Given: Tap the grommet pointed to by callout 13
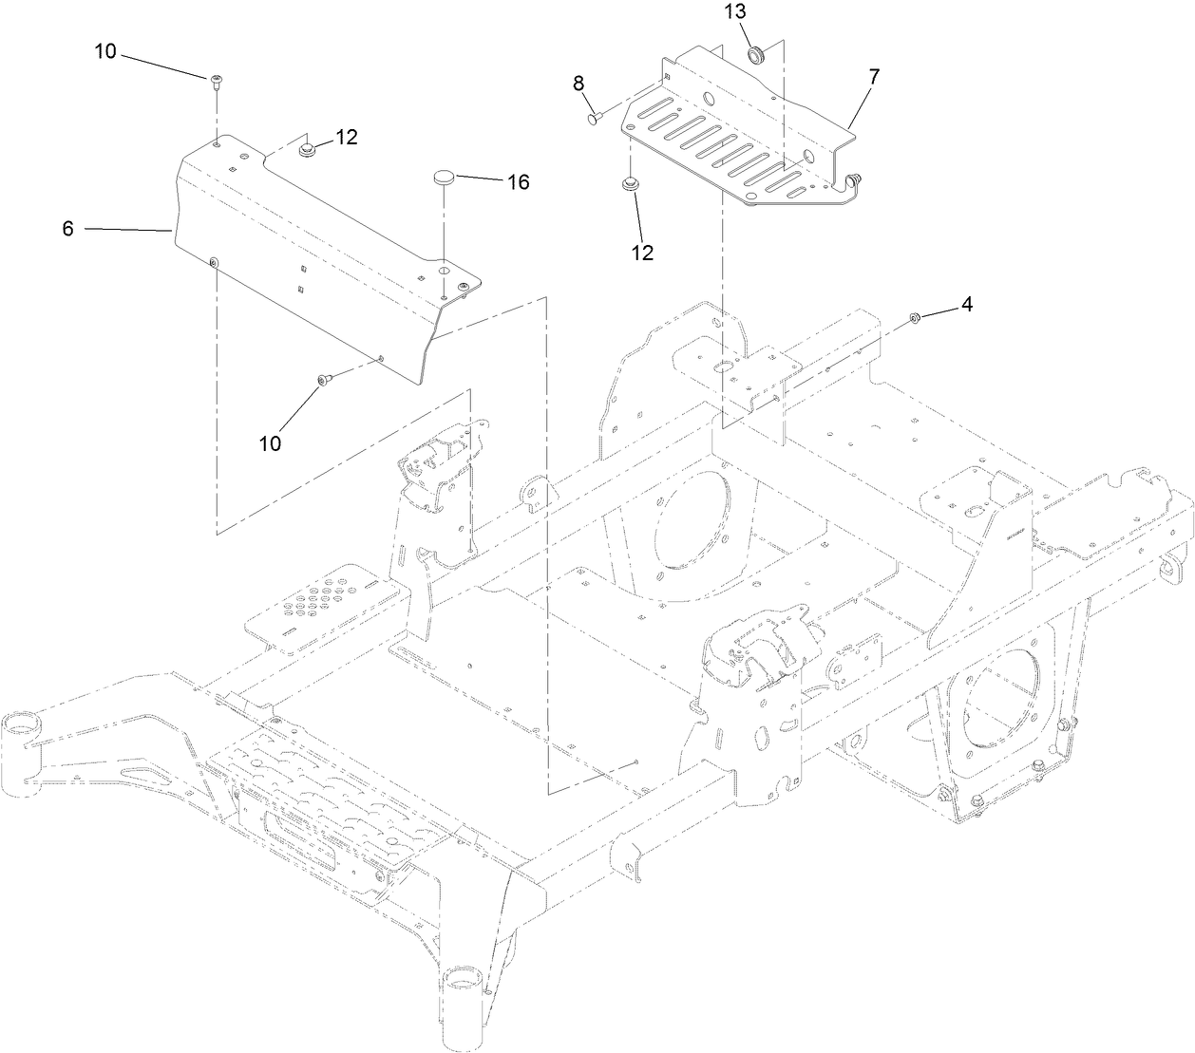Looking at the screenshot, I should (757, 54).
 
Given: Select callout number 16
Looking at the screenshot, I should (519, 181).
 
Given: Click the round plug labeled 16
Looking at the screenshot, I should (444, 177).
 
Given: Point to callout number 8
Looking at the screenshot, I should (578, 84).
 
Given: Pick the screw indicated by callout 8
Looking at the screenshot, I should (595, 118).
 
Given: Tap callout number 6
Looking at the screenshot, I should (67, 230).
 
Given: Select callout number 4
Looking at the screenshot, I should (966, 305).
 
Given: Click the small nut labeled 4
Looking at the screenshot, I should (914, 318).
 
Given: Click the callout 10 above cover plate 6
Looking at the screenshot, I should (105, 51).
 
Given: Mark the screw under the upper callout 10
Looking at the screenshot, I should (216, 81).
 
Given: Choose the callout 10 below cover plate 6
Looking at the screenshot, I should (272, 443).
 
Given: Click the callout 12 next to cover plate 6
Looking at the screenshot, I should (346, 137).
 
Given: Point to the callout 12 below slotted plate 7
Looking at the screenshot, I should (643, 253).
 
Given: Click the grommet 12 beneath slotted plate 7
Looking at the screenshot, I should (628, 185).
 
